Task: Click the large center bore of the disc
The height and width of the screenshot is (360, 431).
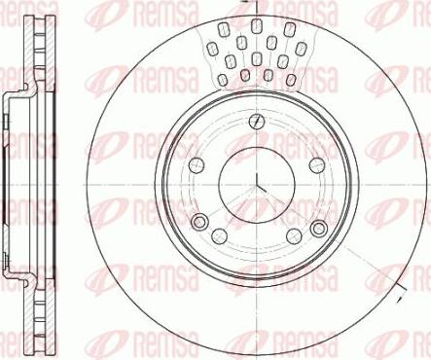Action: [x=256, y=181]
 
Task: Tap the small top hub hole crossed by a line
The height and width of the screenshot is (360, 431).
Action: [x=255, y=122]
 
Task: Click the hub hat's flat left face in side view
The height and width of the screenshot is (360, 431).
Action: [x=7, y=181]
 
